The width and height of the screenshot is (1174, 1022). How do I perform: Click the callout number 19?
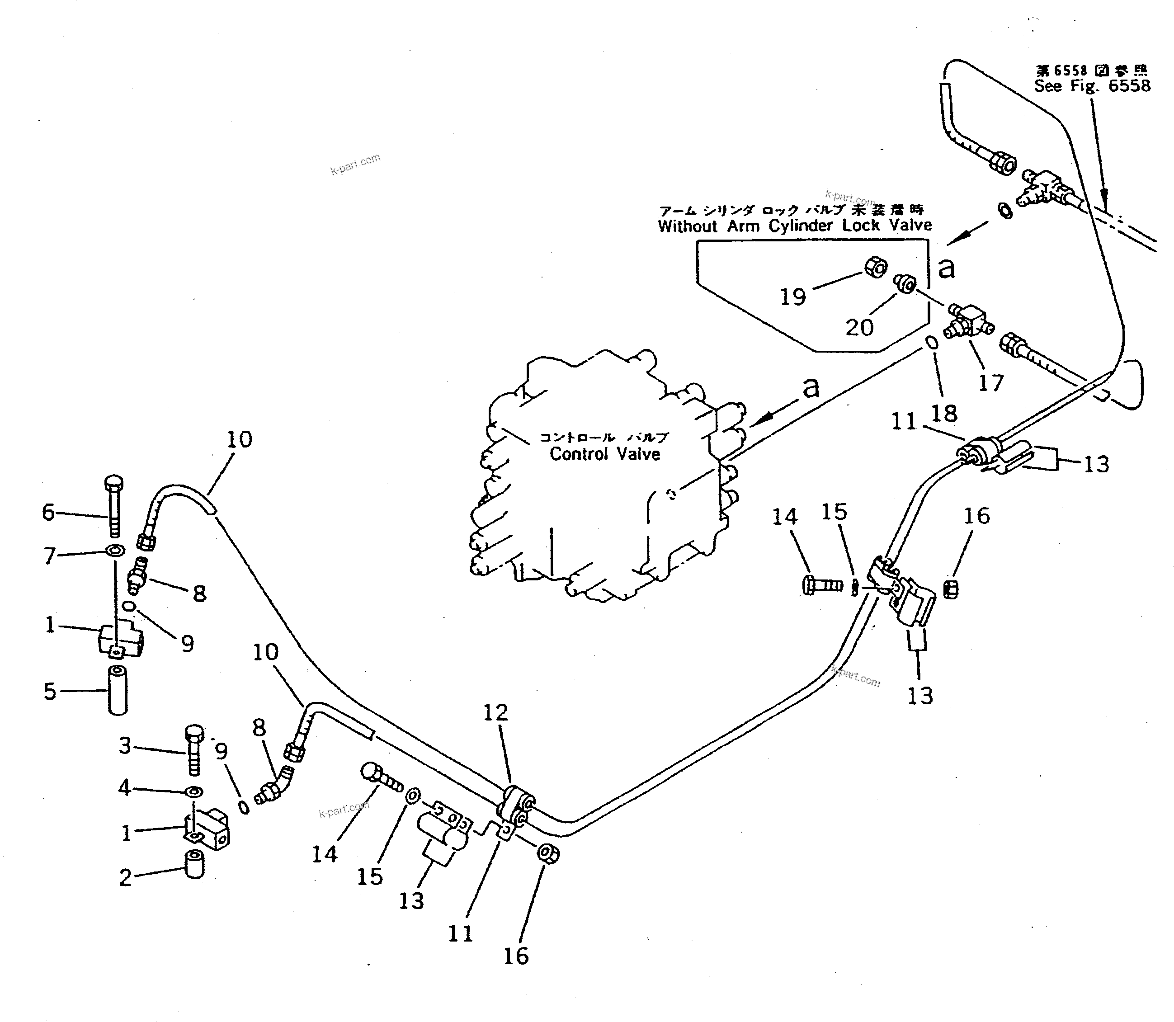pos(792,297)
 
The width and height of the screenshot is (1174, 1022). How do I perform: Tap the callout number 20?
pos(859,327)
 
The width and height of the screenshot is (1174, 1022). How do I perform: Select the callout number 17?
pos(991,383)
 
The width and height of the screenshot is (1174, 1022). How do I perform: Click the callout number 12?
pos(495,712)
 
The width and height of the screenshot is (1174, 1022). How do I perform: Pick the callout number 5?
pos(50,691)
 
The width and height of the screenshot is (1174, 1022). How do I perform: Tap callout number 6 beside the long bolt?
pos(48,512)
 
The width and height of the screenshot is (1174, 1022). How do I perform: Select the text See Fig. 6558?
pos(1093,86)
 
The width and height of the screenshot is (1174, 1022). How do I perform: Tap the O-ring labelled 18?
pos(930,343)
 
